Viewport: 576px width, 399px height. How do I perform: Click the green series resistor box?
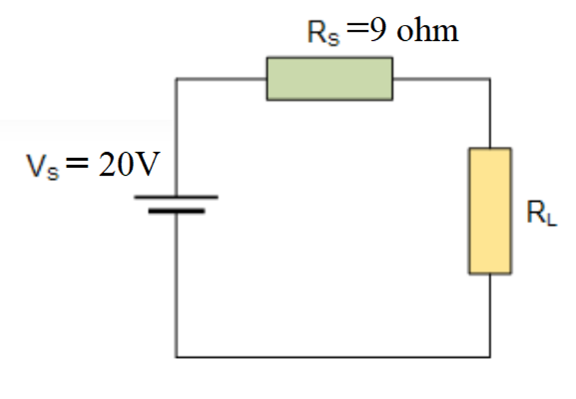click(x=329, y=79)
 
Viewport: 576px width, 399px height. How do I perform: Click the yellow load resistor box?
click(x=489, y=211)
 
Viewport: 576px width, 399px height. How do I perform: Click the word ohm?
click(x=427, y=31)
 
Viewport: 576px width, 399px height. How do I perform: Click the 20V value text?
click(x=129, y=166)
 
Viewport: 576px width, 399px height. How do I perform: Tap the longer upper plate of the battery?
click(x=176, y=197)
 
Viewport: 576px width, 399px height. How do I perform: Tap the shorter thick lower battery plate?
click(x=176, y=211)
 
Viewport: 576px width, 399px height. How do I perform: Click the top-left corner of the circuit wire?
click(x=176, y=78)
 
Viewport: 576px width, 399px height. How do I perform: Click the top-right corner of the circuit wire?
click(x=489, y=78)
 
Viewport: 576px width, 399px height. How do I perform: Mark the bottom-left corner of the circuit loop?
click(x=176, y=357)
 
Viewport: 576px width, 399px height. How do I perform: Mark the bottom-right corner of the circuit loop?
click(x=489, y=357)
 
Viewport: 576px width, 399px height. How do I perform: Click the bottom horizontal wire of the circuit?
click(x=332, y=357)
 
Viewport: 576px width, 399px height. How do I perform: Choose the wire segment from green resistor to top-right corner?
click(x=441, y=78)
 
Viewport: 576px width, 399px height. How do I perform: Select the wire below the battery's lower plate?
click(x=176, y=284)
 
